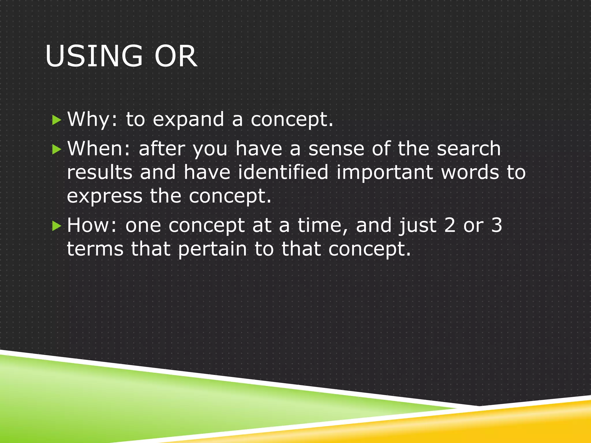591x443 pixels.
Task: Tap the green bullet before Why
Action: pos(57,120)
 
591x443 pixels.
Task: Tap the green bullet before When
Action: pos(57,149)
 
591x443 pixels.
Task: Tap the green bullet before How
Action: pos(57,226)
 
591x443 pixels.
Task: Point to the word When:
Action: pos(99,149)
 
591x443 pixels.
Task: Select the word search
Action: pos(469,149)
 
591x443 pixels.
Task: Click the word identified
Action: pos(283,172)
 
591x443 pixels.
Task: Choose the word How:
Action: pos(92,225)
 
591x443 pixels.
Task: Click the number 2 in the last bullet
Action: pos(450,225)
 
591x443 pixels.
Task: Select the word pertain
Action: pos(212,249)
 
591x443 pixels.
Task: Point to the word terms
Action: pos(95,249)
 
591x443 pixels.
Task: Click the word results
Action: pos(100,172)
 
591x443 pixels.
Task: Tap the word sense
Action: pos(336,149)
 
